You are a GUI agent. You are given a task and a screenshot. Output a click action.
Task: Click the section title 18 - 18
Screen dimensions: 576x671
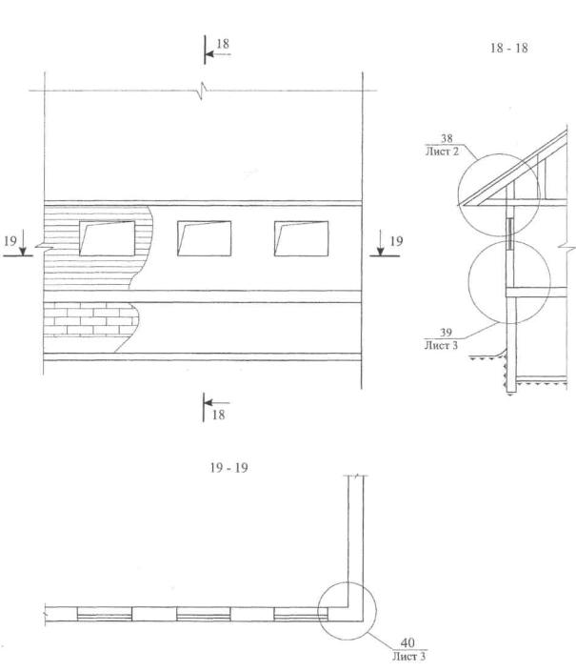[x=508, y=48]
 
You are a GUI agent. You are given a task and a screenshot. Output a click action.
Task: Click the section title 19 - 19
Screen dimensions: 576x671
[x=228, y=468]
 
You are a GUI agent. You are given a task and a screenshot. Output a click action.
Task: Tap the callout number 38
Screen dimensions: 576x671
[x=447, y=138]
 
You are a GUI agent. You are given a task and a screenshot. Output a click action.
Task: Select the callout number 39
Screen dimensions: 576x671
[x=446, y=333]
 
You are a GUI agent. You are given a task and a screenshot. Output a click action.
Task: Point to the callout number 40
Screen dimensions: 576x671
[x=407, y=642]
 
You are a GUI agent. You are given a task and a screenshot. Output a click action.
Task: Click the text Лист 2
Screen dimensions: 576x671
[x=442, y=151]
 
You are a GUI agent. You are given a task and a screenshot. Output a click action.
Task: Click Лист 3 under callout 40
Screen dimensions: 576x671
[x=408, y=656]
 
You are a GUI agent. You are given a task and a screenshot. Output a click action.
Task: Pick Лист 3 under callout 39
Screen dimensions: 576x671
[x=441, y=345]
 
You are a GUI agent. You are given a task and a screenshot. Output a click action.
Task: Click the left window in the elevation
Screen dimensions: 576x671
[x=107, y=238]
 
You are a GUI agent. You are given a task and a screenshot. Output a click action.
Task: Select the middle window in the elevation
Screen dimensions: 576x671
[x=205, y=238]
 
